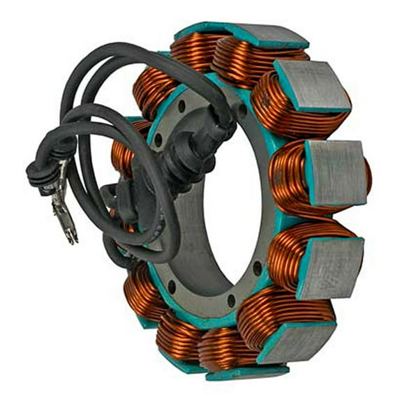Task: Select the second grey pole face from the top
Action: click(x=311, y=87)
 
